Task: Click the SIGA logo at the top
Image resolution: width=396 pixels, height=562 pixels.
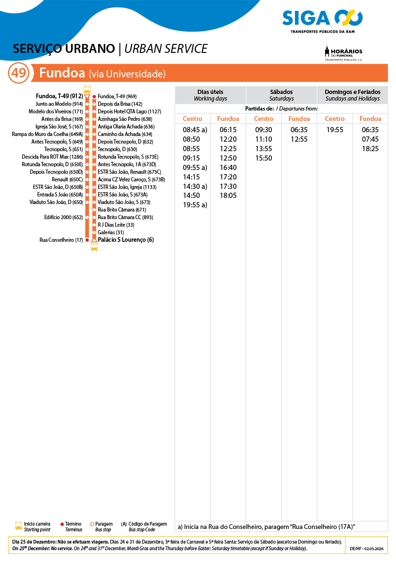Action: [x=322, y=21]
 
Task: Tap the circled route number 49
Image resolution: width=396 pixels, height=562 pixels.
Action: [x=19, y=74]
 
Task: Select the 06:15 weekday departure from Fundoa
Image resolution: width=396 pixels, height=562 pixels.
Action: [x=228, y=130]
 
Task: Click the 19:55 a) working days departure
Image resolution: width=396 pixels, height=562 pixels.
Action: [x=195, y=205]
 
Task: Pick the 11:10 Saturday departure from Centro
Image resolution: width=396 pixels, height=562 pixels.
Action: [x=263, y=139]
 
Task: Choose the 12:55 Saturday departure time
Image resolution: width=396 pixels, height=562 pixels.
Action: [x=299, y=139]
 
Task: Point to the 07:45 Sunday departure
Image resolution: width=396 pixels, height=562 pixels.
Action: [x=370, y=139]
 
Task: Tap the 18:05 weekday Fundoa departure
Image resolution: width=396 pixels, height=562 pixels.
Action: [x=228, y=196]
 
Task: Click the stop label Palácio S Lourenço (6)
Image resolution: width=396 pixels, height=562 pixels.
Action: [x=126, y=240]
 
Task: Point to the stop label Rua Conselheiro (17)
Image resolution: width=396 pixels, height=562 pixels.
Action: [x=61, y=240]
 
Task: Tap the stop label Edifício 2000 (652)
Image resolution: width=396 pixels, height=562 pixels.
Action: [x=63, y=217]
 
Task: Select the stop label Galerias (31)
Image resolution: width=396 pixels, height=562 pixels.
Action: [x=110, y=232]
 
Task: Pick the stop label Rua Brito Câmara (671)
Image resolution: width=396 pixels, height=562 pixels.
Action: [x=121, y=210]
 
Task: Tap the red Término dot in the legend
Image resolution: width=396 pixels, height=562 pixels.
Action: [x=62, y=524]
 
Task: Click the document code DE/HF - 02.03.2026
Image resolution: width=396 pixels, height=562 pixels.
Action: [x=367, y=549]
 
